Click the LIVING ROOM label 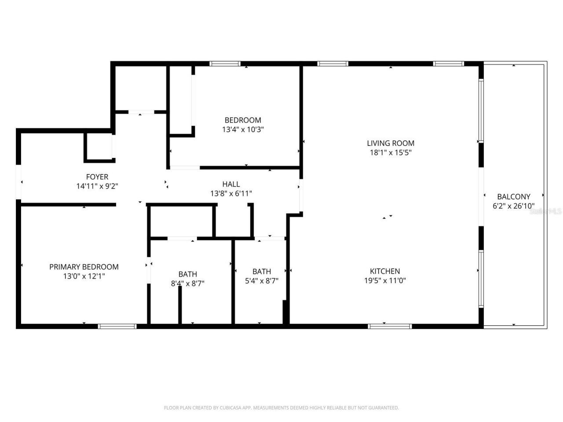(391, 143)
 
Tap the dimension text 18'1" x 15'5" (391, 153)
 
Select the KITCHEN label (385, 271)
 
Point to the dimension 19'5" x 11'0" (385, 281)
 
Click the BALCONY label (513, 196)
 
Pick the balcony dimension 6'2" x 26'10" (513, 206)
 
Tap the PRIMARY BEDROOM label (84, 267)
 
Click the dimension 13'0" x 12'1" (84, 276)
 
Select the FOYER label (97, 177)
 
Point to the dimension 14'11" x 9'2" (97, 186)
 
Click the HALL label (231, 184)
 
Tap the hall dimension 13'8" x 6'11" (231, 193)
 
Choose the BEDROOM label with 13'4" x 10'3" (243, 120)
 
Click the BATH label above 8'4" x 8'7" (187, 274)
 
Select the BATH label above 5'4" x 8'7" (261, 272)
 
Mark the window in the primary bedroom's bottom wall (117, 326)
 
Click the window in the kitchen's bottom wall (390, 326)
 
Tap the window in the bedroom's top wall (225, 64)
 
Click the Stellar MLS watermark (545, 211)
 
